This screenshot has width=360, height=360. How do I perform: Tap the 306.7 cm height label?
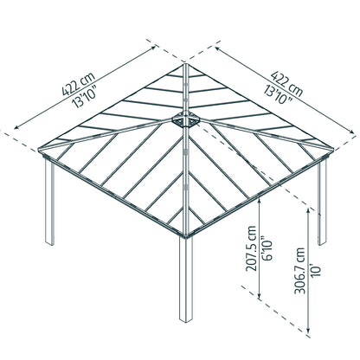coord(300,271)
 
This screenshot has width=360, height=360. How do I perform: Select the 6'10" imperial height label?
coord(267,249)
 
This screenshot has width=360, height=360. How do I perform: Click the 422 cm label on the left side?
coord(78,84)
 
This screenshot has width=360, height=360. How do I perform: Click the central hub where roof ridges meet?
coord(186,119)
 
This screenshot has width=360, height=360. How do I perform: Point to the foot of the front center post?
coord(186,319)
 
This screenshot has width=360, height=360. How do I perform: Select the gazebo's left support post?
coord(49,202)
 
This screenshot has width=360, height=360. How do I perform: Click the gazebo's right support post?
coord(322,202)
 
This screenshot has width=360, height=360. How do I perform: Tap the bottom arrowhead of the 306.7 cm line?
coord(308,331)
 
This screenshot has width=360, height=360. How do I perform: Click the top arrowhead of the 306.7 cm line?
coord(308,210)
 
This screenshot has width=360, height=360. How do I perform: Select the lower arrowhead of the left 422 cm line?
coord(16,127)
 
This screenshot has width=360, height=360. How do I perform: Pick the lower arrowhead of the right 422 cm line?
coord(352,132)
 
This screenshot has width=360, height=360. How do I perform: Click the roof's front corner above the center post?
coord(186,236)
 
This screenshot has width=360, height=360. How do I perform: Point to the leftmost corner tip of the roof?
coord(39,150)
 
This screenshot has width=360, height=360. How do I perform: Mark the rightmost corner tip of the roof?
coord(333,150)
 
